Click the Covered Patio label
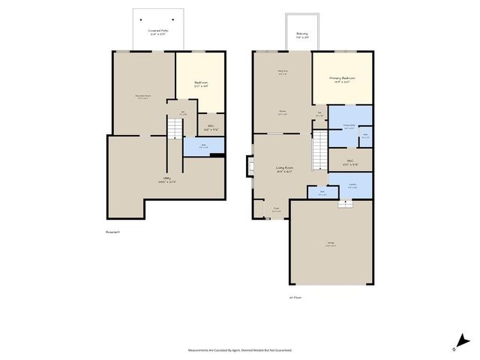point(159,31)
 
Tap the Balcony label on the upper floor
point(302,34)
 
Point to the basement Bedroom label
point(200,84)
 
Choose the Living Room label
point(283,169)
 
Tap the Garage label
point(330,244)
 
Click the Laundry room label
point(352,186)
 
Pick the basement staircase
point(174,130)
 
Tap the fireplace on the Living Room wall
point(249,166)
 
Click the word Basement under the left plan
point(113,232)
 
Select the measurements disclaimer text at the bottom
point(240,349)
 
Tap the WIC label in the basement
point(211,127)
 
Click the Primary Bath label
point(349,126)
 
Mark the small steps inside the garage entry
point(346,203)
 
